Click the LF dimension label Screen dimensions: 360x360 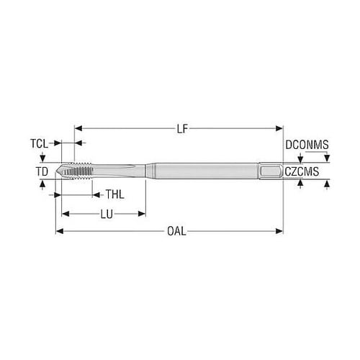[x=182, y=129]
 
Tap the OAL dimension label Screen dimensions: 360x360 [x=176, y=231]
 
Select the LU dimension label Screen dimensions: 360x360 [x=107, y=214]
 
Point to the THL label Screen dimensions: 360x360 [x=115, y=194]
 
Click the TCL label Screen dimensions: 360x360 [x=39, y=143]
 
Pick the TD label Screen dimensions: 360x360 [x=42, y=171]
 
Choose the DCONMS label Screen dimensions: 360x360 [x=307, y=145]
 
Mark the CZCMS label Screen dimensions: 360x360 [x=302, y=171]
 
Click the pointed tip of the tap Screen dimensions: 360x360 [x=55, y=171]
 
